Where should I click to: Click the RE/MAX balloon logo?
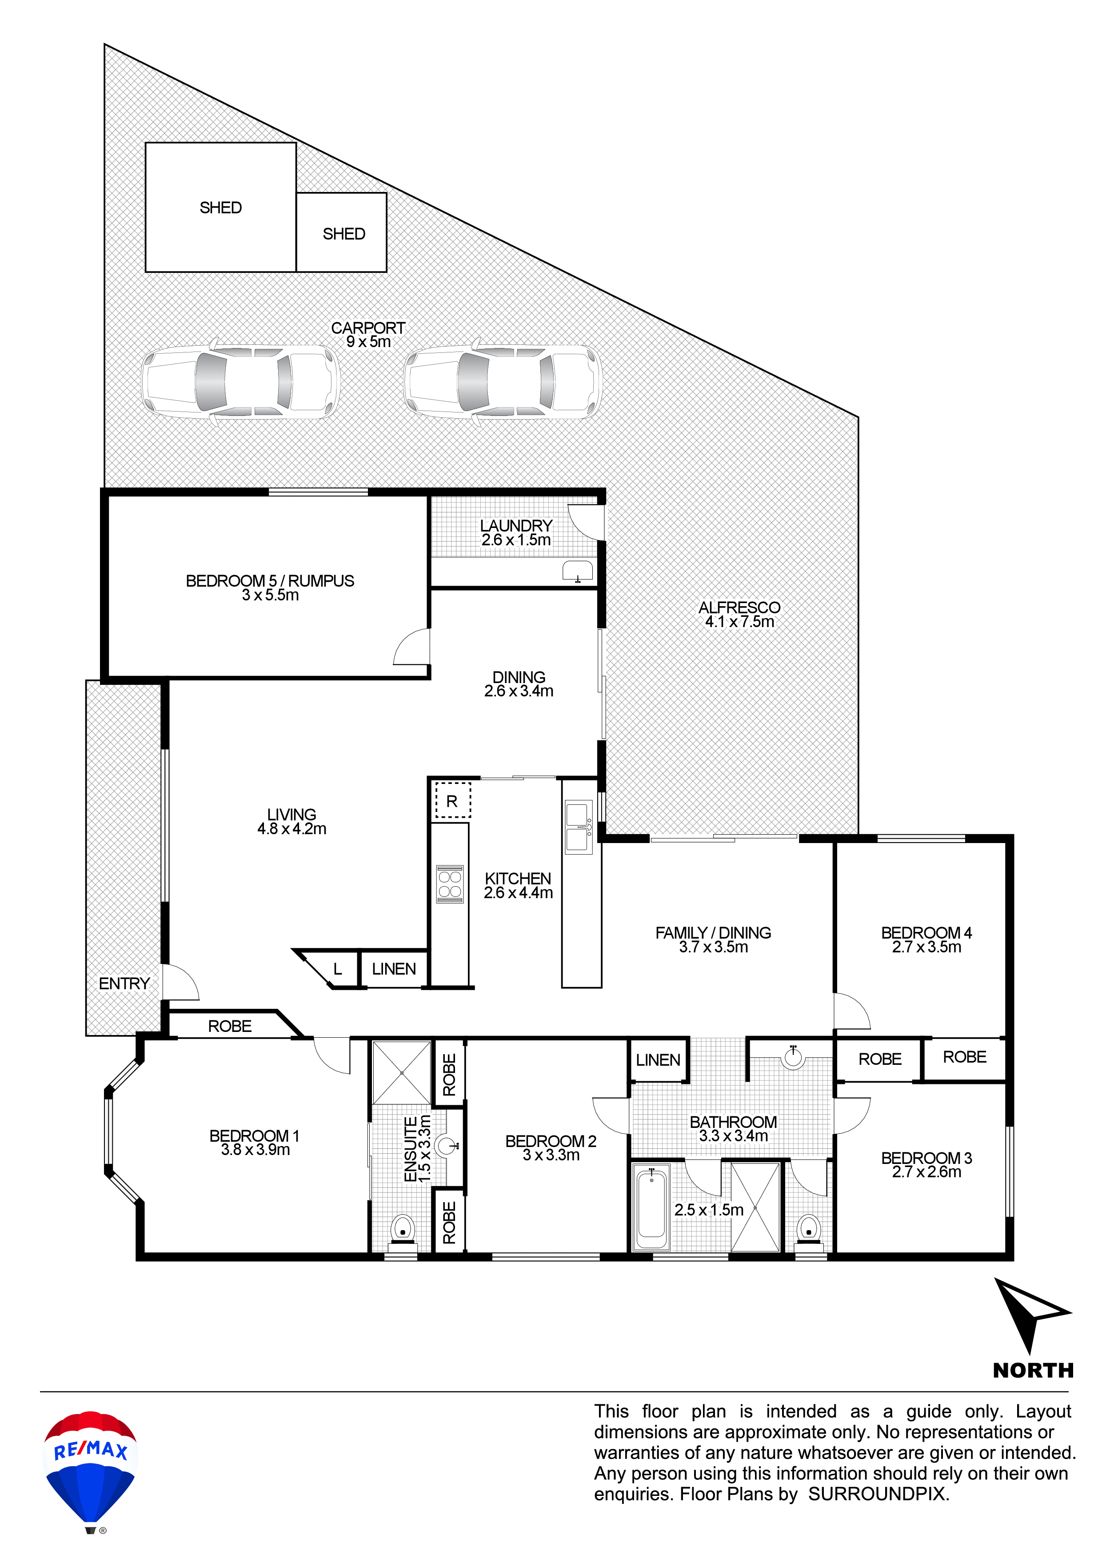click(90, 1471)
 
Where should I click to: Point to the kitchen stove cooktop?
click(450, 884)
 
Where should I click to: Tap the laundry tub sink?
click(578, 571)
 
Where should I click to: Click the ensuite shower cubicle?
click(401, 1073)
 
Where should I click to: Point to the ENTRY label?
click(124, 984)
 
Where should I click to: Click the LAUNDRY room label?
click(516, 526)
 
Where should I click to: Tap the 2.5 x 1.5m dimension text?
click(709, 1210)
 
